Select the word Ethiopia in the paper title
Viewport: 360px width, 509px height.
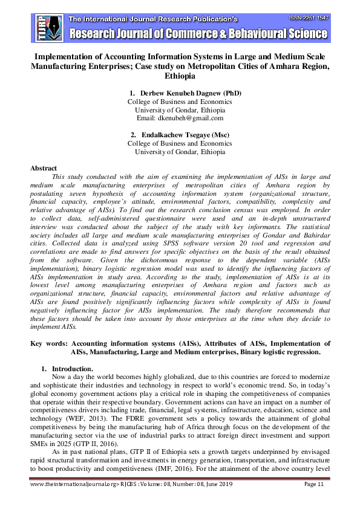pyautogui.click(x=180, y=77)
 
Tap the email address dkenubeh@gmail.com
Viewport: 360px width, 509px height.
pyautogui.click(x=180, y=118)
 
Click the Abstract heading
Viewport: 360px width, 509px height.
pyautogui.click(x=44, y=168)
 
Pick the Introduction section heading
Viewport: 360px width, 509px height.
pyautogui.click(x=72, y=368)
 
